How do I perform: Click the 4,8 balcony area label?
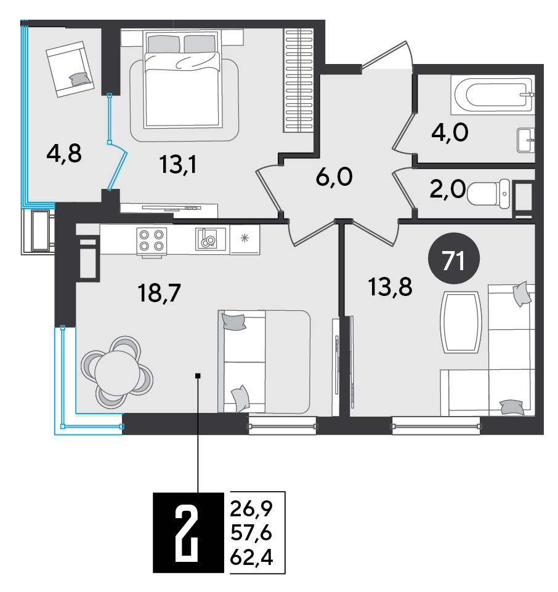point(64,154)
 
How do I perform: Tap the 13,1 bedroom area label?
point(178,164)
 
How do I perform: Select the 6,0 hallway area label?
point(334,177)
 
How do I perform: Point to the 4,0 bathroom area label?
point(450,132)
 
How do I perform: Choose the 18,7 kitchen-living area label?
point(160,292)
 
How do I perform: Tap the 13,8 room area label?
point(390,287)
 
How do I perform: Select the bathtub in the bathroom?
point(493,95)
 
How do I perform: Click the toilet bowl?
point(489,194)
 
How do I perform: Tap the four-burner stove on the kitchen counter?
point(151,241)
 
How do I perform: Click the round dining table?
point(117,372)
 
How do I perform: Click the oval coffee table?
point(461,322)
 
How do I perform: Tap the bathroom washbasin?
point(526,140)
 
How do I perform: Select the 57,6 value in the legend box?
point(251,533)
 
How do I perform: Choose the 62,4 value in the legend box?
point(251,557)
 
